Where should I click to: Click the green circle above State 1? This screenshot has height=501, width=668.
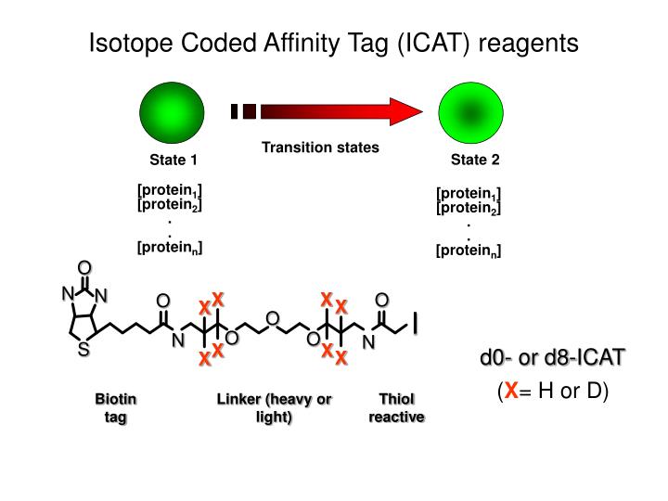172,112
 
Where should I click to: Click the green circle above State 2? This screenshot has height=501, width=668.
470,112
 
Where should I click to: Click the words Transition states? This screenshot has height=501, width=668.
320,148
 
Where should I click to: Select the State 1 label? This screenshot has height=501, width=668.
173,160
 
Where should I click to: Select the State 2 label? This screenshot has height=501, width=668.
475,160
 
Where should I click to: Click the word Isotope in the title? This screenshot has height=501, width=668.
131,43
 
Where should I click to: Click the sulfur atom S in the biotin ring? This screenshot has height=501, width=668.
83,349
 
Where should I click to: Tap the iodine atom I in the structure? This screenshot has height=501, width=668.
415,323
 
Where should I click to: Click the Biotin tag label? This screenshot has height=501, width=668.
115,407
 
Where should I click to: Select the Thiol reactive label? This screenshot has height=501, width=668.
397,407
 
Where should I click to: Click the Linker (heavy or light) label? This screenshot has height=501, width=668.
274,407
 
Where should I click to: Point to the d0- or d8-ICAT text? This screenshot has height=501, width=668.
552,357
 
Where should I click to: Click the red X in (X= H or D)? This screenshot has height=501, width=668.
511,391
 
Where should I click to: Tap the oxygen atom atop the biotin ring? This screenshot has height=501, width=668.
84,267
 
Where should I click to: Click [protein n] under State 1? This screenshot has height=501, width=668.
170,248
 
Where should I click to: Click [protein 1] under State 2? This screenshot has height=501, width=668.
469,194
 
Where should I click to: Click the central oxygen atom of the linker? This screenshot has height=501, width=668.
272,318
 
